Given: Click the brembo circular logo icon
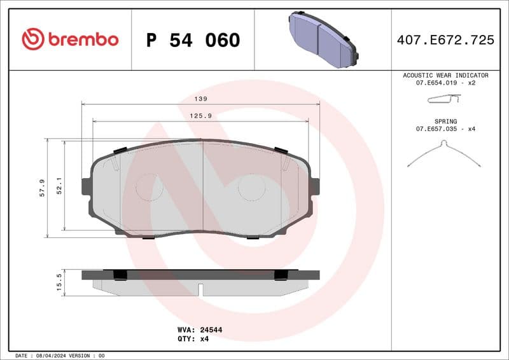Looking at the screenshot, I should [x=33, y=39].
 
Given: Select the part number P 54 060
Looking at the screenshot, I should [x=193, y=40].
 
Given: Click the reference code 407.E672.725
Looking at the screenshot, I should [x=445, y=40].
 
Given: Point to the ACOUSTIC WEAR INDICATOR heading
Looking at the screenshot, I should [x=445, y=75].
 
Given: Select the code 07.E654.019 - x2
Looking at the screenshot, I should [x=445, y=83].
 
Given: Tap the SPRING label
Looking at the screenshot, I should [x=445, y=121].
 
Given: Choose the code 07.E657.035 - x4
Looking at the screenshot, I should [x=445, y=129].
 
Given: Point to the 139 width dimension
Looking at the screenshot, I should [x=201, y=99].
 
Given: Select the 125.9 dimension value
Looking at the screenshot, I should [x=201, y=116].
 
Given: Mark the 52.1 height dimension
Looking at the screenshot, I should [x=59, y=185].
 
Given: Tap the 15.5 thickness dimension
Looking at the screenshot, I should [x=59, y=282].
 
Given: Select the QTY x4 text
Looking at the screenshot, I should [x=202, y=339].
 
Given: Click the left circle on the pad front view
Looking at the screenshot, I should [x=150, y=187].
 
